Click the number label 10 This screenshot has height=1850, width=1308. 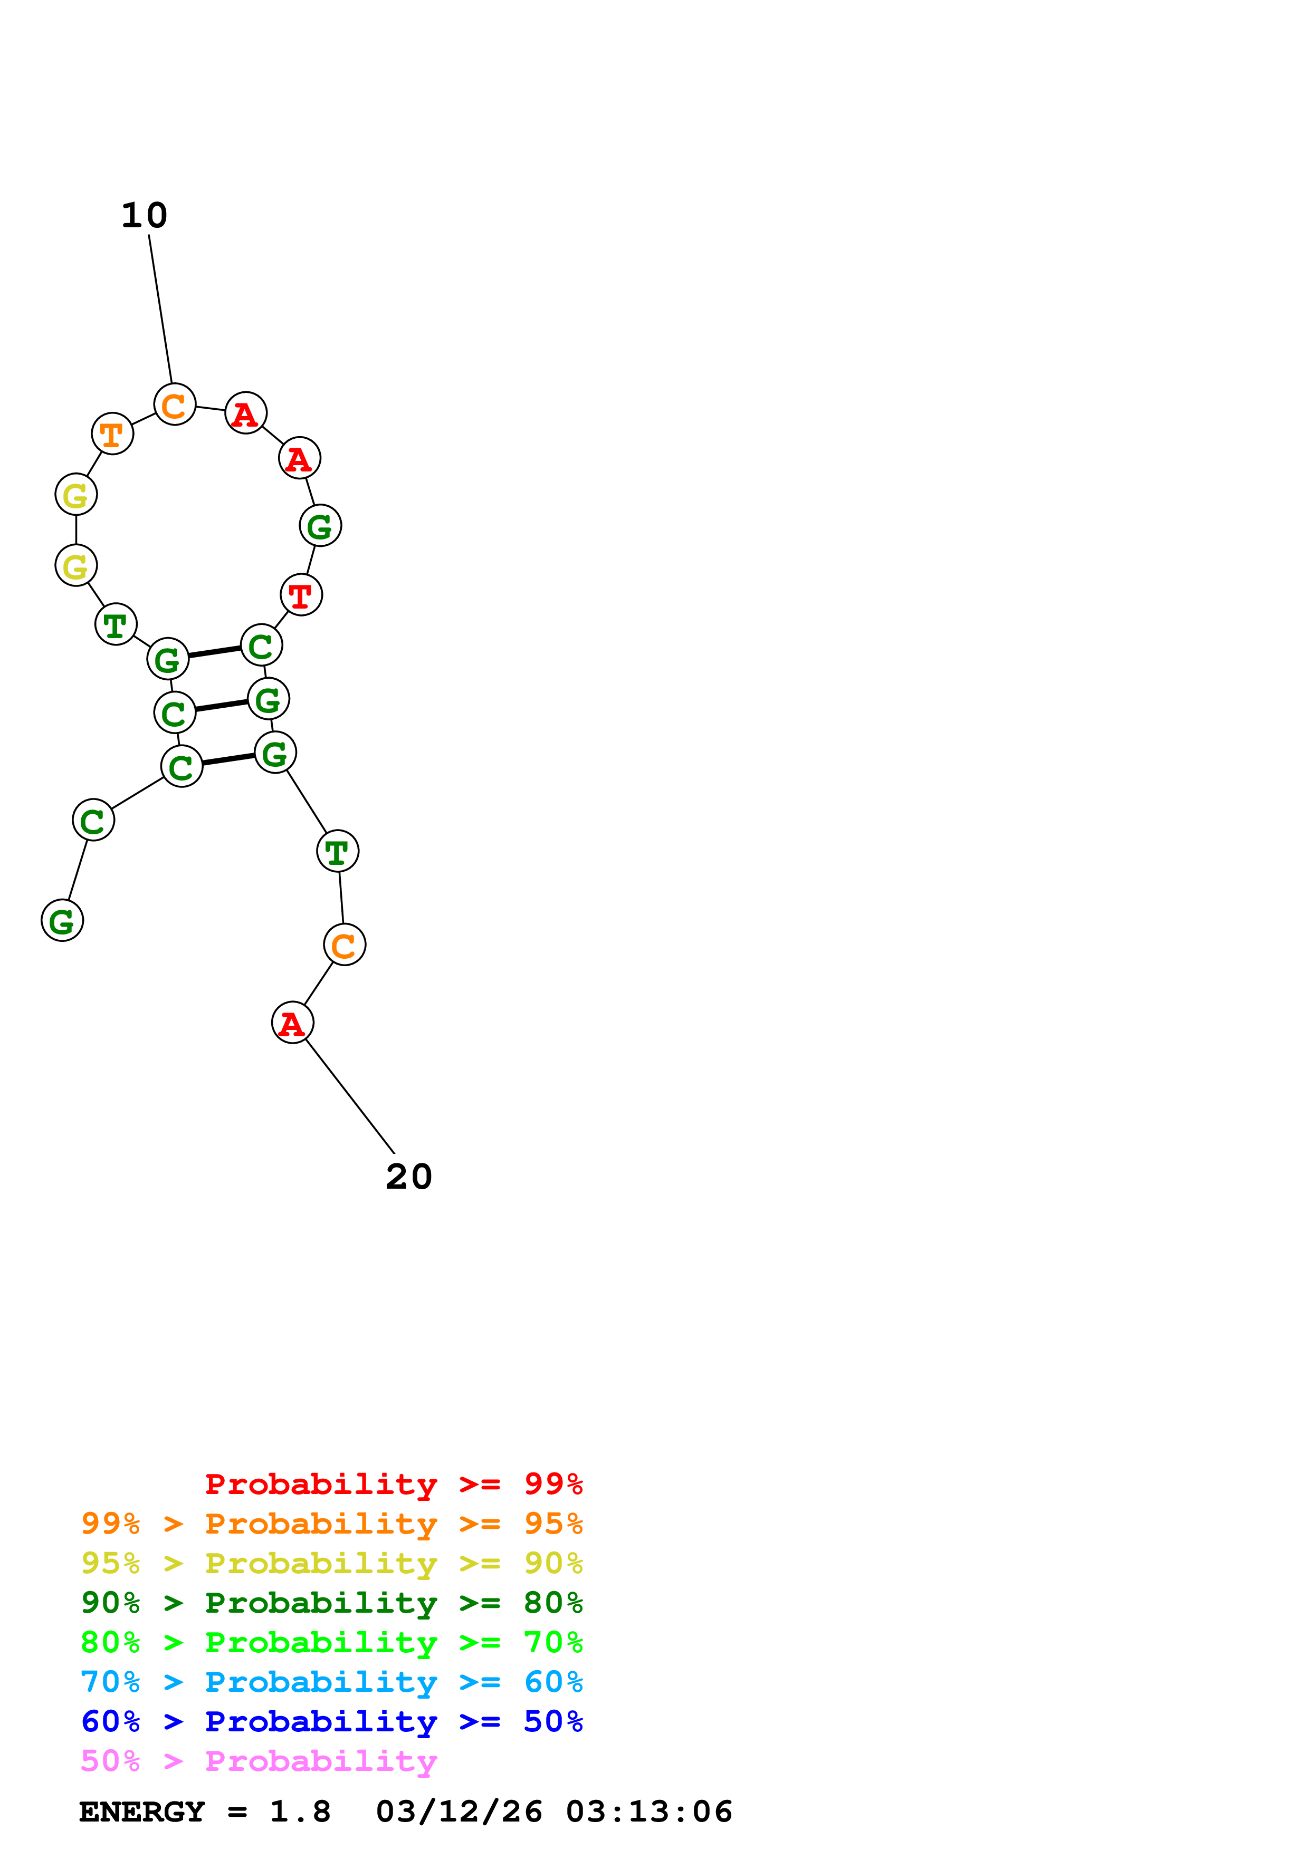point(144,215)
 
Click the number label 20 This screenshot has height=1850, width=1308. point(408,1177)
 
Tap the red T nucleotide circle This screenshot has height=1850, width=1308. point(301,595)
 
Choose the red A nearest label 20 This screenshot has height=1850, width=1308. point(292,1023)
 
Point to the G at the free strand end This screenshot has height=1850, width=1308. point(62,920)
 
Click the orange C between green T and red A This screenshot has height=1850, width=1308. point(344,945)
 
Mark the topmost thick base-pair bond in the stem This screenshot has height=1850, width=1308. point(214,652)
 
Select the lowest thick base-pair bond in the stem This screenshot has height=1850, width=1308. point(228,759)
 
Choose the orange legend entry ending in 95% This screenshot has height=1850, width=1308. point(331,1524)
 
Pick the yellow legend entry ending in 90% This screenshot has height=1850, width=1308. point(331,1563)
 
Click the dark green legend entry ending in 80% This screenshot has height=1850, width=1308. point(331,1603)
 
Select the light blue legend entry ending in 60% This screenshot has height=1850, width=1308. point(331,1682)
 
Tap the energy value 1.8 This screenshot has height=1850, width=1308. point(300,1812)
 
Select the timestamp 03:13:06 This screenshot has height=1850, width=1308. point(649,1812)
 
